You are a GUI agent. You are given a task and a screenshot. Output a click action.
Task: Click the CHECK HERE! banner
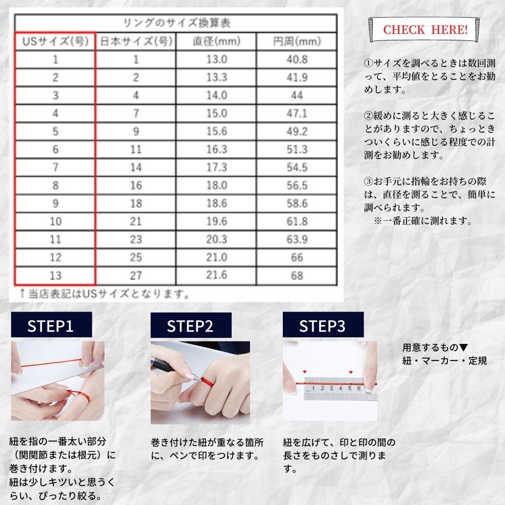pyautogui.click(x=425, y=29)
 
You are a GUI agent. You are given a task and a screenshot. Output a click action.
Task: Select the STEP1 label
pyautogui.click(x=51, y=324)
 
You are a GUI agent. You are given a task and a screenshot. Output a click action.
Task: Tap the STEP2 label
pyautogui.click(x=191, y=325)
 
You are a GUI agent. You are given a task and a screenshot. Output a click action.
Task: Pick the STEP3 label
pyautogui.click(x=323, y=324)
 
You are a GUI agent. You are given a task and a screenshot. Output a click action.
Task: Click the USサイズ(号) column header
pyautogui.click(x=55, y=41)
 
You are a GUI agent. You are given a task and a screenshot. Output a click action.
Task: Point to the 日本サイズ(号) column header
pyautogui.click(x=136, y=41)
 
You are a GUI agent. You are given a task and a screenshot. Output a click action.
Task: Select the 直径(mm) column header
pyautogui.click(x=216, y=41)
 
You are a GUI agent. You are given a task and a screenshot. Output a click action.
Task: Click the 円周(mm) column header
pyautogui.click(x=297, y=41)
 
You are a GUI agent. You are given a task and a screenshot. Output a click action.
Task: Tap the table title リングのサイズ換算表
pyautogui.click(x=177, y=23)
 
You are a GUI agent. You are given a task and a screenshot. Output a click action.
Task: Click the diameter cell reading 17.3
pyautogui.click(x=216, y=167)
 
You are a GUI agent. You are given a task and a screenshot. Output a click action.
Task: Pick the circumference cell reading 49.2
pyautogui.click(x=297, y=131)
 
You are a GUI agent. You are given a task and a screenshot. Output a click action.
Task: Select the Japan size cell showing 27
pyautogui.click(x=136, y=275)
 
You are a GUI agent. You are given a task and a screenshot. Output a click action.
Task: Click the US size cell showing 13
pyautogui.click(x=55, y=275)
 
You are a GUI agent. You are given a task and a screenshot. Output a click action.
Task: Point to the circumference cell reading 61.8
pyautogui.click(x=297, y=221)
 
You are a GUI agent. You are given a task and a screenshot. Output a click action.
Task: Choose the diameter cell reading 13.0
pyautogui.click(x=216, y=59)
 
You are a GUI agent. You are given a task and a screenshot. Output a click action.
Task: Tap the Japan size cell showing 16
pyautogui.click(x=136, y=186)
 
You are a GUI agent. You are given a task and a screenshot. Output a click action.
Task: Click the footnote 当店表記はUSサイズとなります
pyautogui.click(x=105, y=294)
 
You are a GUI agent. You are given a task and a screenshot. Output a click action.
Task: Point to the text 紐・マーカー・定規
pyautogui.click(x=444, y=361)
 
